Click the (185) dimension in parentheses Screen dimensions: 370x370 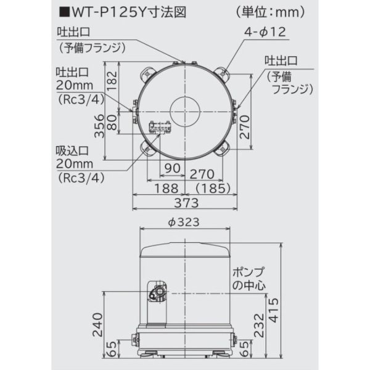click(x=212, y=188)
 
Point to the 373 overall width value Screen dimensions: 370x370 click(x=185, y=203)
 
